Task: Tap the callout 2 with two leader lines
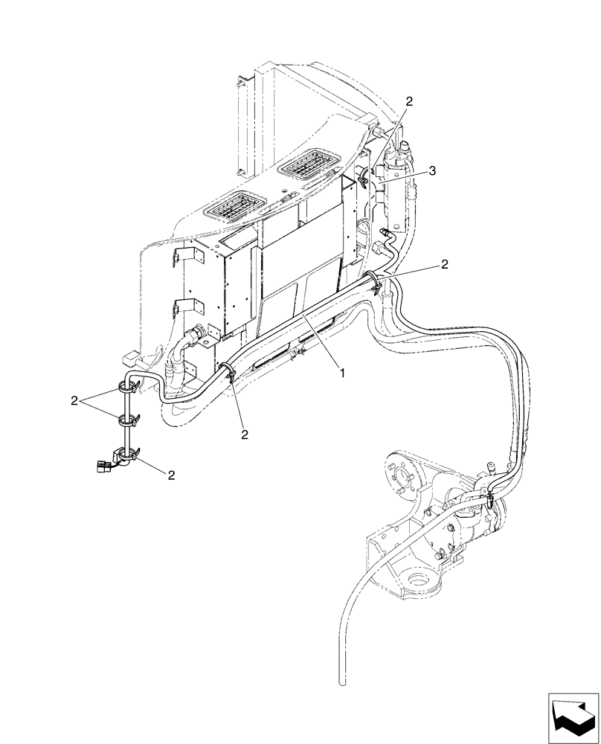click(74, 401)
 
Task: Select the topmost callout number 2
click(408, 100)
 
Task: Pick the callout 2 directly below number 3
click(444, 263)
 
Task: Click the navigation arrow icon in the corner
click(572, 716)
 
